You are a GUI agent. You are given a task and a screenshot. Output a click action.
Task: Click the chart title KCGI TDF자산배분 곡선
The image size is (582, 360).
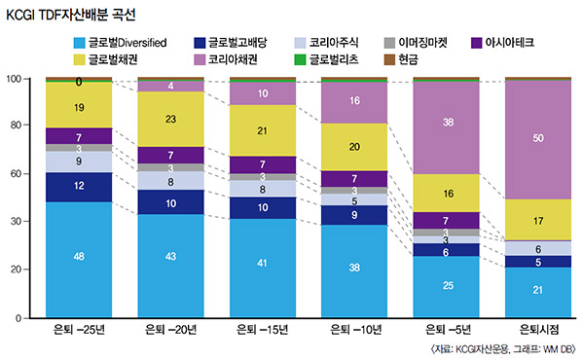pos(72,15)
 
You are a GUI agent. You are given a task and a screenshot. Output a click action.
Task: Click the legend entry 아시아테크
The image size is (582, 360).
pos(525,43)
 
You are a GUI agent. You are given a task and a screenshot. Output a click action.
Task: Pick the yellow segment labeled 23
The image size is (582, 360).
pos(170,119)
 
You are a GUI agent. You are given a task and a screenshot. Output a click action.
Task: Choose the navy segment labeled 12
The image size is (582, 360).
pos(78,186)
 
